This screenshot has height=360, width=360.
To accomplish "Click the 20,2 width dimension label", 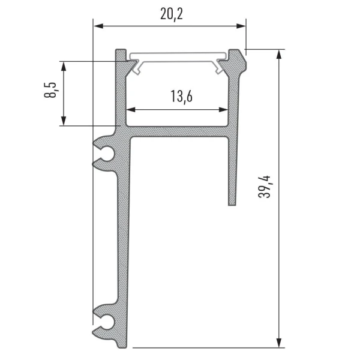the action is coord(172,14).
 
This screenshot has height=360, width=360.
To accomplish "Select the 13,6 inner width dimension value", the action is coord(181,97).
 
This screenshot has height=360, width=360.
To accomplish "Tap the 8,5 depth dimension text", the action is coord(50,90).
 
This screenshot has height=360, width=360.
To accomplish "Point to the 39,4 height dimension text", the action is coord(265,187).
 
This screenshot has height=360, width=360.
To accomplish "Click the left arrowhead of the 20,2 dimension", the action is coord(98,26).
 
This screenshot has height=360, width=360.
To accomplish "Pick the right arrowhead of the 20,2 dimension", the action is coord(241,26).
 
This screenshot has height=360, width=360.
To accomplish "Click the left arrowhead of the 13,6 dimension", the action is coord(131,110).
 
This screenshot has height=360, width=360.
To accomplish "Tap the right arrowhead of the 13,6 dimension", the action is coord(223,110).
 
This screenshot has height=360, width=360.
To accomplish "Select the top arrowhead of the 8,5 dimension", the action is coord(64,67).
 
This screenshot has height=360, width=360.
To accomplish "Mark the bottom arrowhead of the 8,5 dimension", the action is coord(64,121).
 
